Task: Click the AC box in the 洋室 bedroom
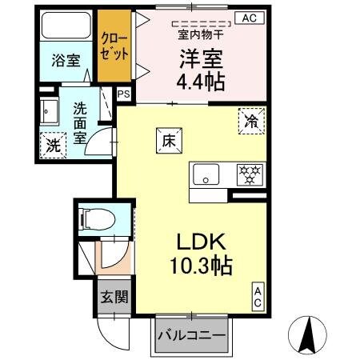tap(250, 17)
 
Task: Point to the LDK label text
tap(199, 242)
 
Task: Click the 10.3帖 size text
tap(199, 266)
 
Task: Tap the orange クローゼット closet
tap(114, 46)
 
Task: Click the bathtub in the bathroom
tap(66, 27)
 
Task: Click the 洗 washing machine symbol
tap(52, 146)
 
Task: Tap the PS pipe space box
tap(123, 94)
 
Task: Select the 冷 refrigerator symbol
tap(250, 122)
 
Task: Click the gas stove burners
tap(250, 173)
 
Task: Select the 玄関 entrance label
tap(112, 296)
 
